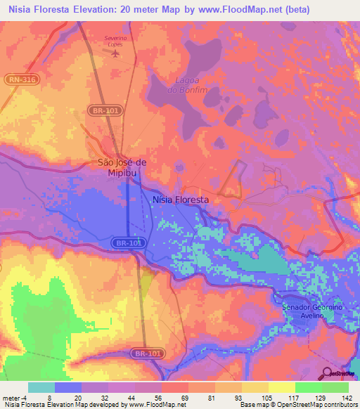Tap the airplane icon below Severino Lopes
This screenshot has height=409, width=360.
[x=116, y=54]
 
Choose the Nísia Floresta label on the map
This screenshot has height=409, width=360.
[x=181, y=200]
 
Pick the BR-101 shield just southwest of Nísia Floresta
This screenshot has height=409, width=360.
[x=127, y=242]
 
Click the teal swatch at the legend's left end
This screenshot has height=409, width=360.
[x=41, y=387]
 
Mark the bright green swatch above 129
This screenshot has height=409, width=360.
[x=308, y=387]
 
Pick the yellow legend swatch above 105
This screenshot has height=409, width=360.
[x=255, y=387]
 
